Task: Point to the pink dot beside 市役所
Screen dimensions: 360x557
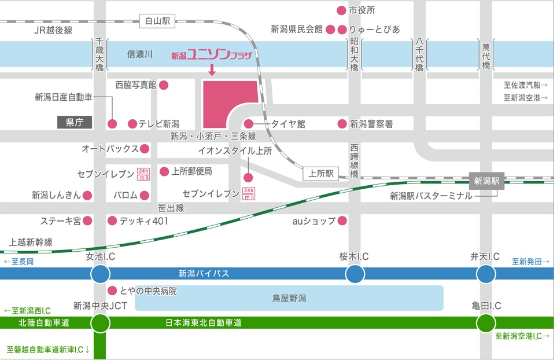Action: point(341,10)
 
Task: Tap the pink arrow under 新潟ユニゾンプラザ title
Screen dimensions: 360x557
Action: point(212,71)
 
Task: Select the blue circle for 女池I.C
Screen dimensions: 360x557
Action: point(100,274)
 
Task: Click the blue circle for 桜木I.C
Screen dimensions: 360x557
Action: point(355,274)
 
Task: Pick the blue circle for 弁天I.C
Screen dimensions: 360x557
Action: point(485,274)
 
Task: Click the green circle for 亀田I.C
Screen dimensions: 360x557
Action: point(485,323)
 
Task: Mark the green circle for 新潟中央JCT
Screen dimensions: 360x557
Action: point(100,323)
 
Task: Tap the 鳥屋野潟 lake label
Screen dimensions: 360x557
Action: point(289,299)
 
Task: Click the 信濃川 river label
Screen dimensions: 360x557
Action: point(139,54)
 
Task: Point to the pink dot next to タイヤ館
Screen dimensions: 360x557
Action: point(249,124)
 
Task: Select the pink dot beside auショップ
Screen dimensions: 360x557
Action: point(342,221)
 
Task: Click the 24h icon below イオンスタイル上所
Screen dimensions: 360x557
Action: point(248,194)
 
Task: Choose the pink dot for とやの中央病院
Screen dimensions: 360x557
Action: point(112,290)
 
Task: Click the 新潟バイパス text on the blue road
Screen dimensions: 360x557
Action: point(204,274)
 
